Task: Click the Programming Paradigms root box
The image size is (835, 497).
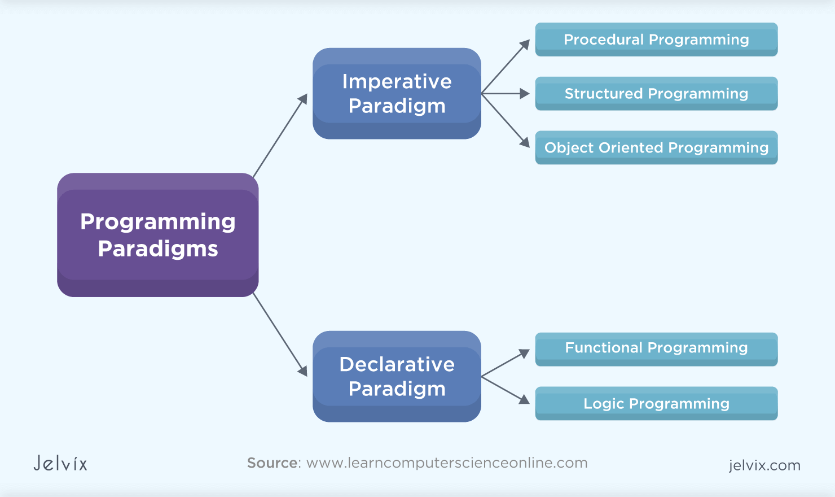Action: [158, 235]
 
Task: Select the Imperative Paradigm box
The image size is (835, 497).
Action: [397, 94]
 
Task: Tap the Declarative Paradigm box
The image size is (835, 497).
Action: [397, 377]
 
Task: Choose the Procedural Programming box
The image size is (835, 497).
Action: [656, 40]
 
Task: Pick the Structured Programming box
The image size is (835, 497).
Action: [656, 94]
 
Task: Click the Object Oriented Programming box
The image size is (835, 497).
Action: [656, 148]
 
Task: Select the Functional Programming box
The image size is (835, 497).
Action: [656, 348]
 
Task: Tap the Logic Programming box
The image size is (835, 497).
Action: [656, 404]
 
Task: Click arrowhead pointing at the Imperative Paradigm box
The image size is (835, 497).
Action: [303, 99]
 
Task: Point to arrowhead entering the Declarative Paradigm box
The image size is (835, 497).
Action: [302, 370]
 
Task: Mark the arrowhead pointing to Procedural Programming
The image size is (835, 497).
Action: [525, 45]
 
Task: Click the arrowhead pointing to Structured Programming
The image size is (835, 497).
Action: [525, 94]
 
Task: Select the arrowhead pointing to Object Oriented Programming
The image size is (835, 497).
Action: [525, 142]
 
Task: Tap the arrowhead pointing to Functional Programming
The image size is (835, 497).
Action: [525, 354]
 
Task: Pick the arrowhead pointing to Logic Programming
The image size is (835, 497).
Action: [525, 399]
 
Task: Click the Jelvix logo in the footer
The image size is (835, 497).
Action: [60, 464]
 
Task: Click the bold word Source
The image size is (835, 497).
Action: [272, 463]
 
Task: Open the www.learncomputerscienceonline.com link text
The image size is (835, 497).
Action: [447, 463]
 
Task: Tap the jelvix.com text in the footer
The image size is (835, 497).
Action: [764, 465]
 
